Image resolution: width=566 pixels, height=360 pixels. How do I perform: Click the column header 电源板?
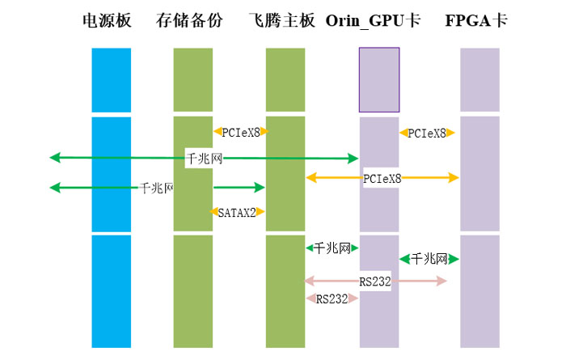point(107,20)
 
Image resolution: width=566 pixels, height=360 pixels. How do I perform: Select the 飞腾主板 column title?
point(282,20)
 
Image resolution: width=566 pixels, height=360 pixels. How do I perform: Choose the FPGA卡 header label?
point(476,20)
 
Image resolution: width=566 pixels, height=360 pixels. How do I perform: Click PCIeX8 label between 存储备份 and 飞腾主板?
point(241,131)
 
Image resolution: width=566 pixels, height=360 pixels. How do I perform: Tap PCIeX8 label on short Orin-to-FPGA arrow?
point(428,133)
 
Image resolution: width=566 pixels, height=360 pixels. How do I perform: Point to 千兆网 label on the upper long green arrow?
point(204,159)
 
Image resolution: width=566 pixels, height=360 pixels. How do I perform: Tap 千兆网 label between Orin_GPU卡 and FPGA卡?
point(429,259)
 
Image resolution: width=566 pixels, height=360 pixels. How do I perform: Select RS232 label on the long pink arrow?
point(375,281)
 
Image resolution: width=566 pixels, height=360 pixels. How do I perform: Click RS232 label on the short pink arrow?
point(332,299)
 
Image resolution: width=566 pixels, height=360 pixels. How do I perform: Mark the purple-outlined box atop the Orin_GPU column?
point(379,79)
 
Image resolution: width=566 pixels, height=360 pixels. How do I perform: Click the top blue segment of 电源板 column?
point(111,79)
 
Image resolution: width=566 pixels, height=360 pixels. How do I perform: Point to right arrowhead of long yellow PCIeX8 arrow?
point(454,177)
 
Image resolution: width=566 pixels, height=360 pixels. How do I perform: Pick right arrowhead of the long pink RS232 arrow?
point(442,281)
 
